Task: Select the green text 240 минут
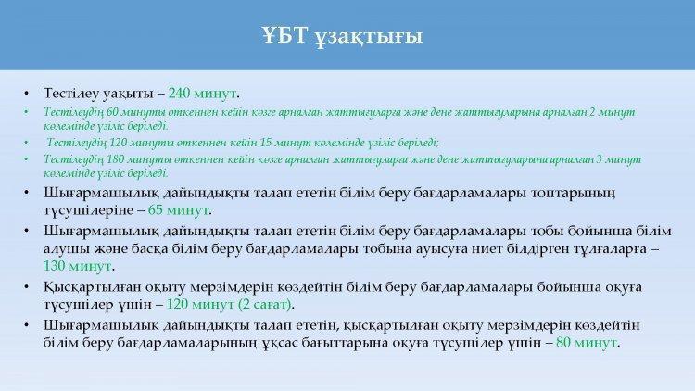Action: [x=202, y=93]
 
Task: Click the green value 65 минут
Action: [x=178, y=209]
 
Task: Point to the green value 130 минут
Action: [x=78, y=266]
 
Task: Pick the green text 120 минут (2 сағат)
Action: [x=229, y=304]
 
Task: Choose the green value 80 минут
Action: [x=587, y=342]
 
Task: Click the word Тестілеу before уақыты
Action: [x=71, y=93]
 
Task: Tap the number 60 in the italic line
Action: [x=112, y=112]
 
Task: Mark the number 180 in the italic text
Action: [x=115, y=158]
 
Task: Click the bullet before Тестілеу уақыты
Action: [x=27, y=93]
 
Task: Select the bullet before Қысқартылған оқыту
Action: [x=27, y=287]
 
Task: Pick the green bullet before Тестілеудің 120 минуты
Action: [x=27, y=144]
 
